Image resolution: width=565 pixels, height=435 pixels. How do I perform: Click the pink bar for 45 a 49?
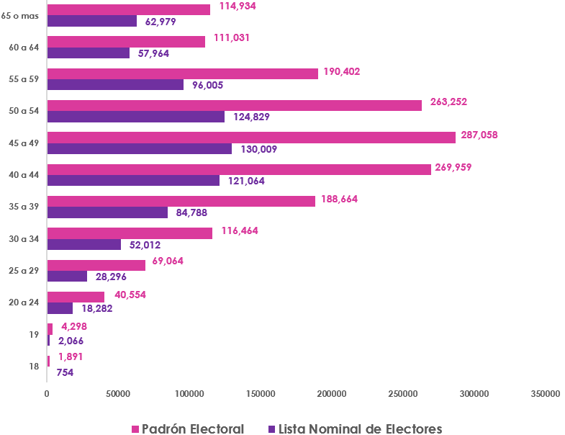[251, 138]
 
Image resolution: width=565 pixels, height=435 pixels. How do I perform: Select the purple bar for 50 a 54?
[136, 117]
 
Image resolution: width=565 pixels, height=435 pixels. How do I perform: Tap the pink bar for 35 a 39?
[181, 201]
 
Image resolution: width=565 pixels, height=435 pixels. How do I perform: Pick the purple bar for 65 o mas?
[92, 21]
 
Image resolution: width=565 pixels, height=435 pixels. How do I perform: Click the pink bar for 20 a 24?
[76, 297]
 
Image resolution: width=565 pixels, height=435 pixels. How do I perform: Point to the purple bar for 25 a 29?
[67, 276]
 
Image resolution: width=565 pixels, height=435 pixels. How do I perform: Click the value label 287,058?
[479, 135]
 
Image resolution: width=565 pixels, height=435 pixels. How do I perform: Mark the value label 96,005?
[208, 85]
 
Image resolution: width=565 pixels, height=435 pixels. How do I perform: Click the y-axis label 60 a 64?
[24, 48]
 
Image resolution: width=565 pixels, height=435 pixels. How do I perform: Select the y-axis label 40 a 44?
[24, 175]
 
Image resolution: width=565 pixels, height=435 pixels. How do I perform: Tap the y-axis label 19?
[34, 335]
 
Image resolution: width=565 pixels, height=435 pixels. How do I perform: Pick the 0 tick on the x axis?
[47, 394]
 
